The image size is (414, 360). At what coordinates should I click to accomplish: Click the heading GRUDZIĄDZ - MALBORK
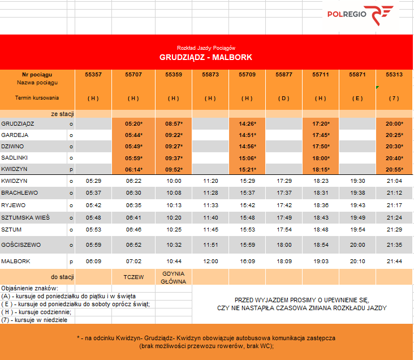click(x=206, y=57)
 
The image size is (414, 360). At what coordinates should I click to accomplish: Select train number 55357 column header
click(x=93, y=75)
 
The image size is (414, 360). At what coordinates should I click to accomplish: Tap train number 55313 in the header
click(x=394, y=75)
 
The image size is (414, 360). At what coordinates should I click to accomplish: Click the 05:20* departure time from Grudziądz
click(x=133, y=123)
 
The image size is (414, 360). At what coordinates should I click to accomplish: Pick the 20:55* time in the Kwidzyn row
click(x=394, y=169)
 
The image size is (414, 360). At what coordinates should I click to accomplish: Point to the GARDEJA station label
click(x=15, y=135)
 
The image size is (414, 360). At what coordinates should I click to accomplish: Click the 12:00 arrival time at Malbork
click(x=210, y=262)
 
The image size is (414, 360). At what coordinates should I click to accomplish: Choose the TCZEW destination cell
click(x=134, y=277)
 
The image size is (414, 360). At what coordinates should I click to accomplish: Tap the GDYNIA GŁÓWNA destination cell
click(x=174, y=277)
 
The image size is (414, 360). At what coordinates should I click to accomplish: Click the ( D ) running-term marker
click(x=284, y=98)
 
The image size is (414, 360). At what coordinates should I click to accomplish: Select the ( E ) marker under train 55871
click(x=357, y=98)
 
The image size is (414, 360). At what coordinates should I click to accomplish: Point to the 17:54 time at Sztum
click(x=284, y=229)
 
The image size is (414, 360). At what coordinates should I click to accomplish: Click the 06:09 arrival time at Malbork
click(x=93, y=262)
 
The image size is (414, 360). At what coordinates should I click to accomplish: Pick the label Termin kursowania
click(x=37, y=98)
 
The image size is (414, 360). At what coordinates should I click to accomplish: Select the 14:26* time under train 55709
click(x=247, y=123)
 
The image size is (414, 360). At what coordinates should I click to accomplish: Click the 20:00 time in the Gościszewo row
click(x=357, y=245)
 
